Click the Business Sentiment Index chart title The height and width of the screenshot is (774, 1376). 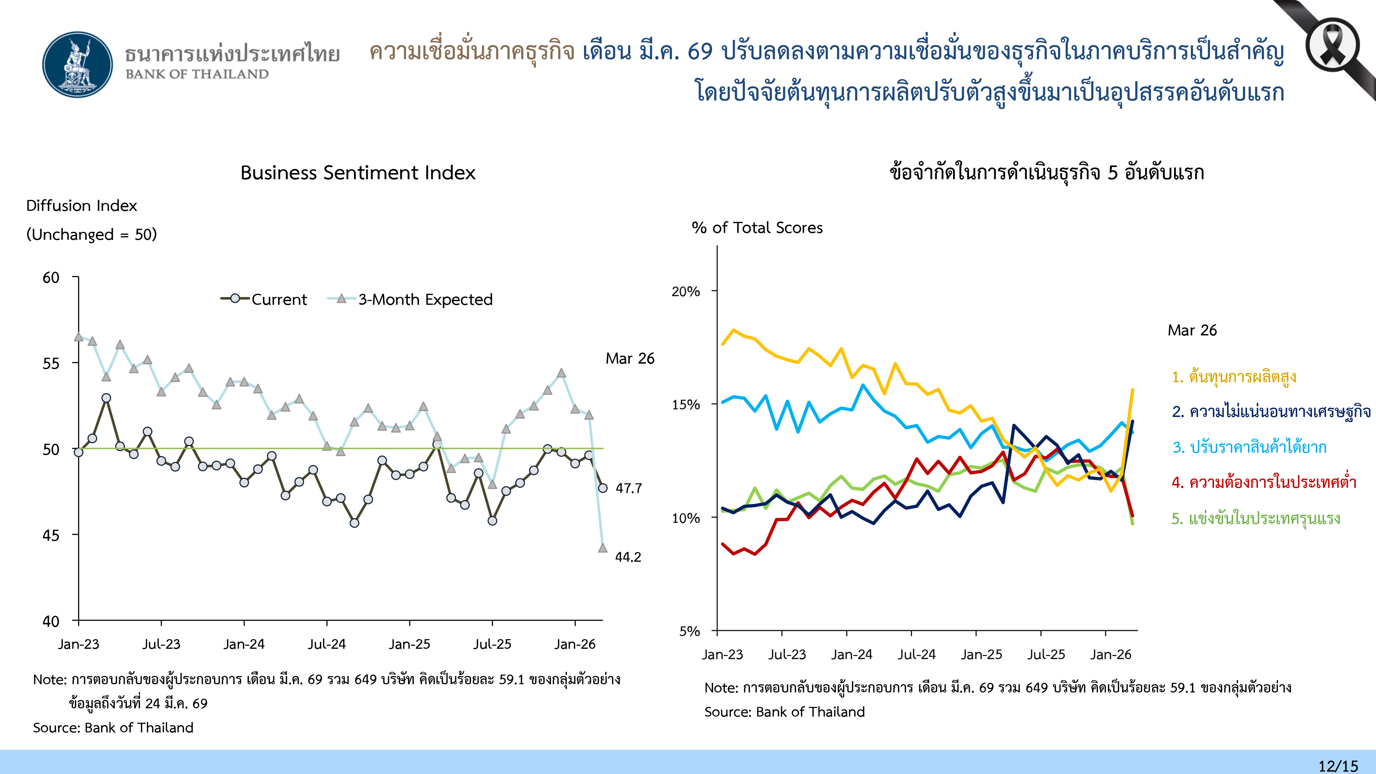pos(357,173)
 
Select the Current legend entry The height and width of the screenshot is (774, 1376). pos(265,299)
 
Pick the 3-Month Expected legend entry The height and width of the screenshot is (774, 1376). pos(410,299)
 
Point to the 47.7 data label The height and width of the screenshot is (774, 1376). pos(629,488)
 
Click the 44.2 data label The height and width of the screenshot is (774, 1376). pos(628,557)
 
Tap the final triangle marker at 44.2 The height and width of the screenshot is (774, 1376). pos(603,548)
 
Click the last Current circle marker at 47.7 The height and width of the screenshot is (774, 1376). pos(603,488)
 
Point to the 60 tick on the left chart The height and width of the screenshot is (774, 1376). pos(51,278)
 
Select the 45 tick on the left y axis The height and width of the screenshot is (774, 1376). pos(51,535)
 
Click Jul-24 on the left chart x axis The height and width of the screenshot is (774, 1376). pos(326,644)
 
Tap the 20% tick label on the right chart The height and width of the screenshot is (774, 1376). pos(686,292)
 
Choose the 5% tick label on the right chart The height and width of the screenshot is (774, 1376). pos(690,631)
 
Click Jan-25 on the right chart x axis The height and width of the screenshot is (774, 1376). pos(981,654)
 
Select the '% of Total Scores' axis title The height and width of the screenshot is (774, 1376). pos(757,228)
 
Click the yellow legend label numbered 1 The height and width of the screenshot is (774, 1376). pos(1234,377)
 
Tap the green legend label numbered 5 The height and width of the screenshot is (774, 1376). pos(1255,518)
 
